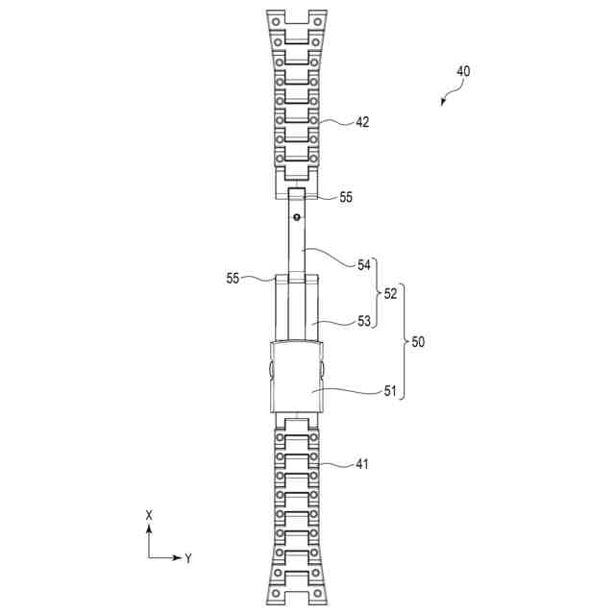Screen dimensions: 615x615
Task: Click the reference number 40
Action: point(464,72)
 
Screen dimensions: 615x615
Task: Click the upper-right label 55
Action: point(345,197)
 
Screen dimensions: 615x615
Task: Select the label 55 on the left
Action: point(234,279)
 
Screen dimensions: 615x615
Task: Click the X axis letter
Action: point(149,516)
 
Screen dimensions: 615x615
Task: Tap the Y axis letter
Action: point(189,557)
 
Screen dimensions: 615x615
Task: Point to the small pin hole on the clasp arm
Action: point(297,217)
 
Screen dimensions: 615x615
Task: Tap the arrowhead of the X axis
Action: point(149,528)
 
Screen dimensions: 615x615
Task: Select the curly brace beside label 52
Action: point(376,293)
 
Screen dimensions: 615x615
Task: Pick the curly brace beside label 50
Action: point(404,341)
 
